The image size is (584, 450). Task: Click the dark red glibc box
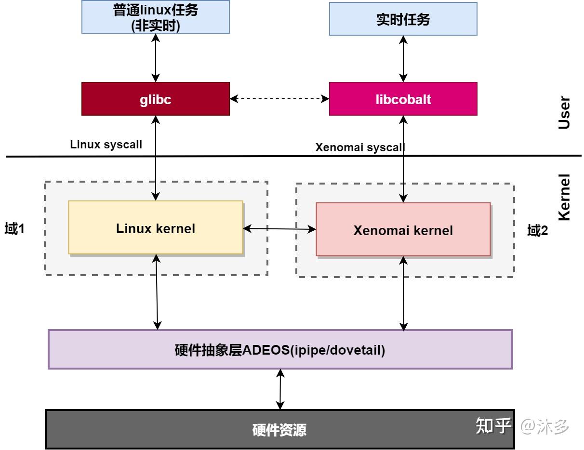(x=155, y=99)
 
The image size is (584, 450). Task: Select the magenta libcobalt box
(x=403, y=99)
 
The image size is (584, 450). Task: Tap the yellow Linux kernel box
(x=155, y=227)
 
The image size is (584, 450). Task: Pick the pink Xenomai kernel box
(x=403, y=229)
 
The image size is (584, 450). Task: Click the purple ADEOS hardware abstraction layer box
(x=280, y=349)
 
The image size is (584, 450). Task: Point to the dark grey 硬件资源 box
(x=279, y=429)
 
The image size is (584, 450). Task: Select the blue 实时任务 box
(x=403, y=19)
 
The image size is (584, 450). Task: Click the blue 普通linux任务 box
(x=155, y=17)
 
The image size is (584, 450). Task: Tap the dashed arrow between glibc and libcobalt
(x=279, y=99)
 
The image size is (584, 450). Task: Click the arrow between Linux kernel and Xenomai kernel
(x=279, y=229)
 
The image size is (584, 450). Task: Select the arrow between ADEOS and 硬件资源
(x=280, y=389)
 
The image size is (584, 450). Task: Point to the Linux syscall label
(x=106, y=144)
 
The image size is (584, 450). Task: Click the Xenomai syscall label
(x=360, y=147)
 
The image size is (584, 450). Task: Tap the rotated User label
(x=563, y=113)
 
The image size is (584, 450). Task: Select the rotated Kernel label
(x=563, y=197)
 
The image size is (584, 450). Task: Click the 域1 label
(x=14, y=229)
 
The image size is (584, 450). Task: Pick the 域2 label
(x=537, y=231)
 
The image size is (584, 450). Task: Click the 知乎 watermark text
(x=493, y=425)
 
